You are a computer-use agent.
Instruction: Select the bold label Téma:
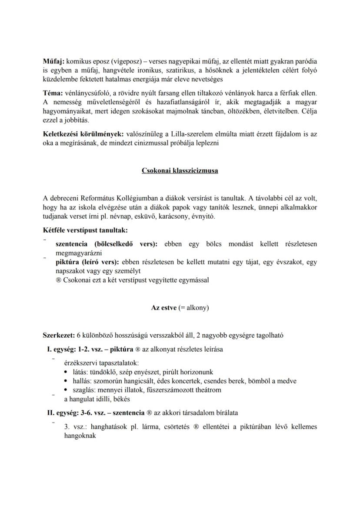point(53,93)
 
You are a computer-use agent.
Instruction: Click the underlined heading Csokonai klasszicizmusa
point(180,171)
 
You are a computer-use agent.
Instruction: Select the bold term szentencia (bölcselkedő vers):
point(107,244)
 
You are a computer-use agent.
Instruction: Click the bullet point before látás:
point(65,372)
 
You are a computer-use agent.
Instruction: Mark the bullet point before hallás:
point(65,381)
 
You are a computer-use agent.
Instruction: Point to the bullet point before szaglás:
point(65,390)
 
